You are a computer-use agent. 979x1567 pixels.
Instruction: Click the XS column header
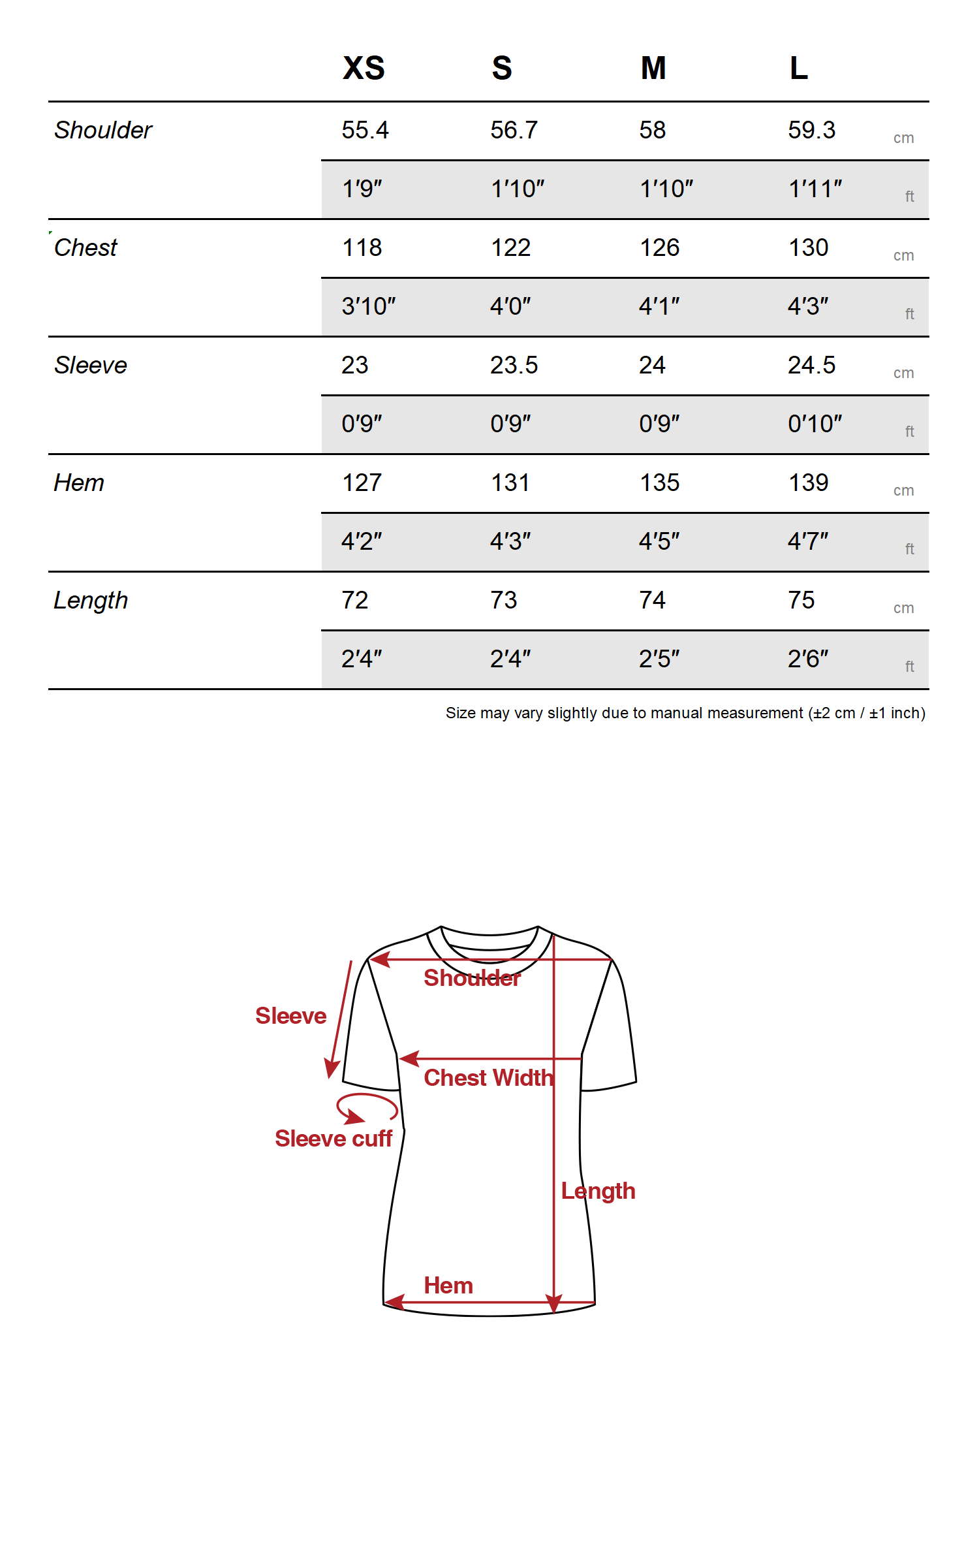pos(364,68)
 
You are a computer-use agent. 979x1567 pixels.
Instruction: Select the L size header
pos(798,68)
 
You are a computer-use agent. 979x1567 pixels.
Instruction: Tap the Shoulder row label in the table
pos(103,130)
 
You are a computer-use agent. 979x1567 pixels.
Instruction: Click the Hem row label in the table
pos(79,483)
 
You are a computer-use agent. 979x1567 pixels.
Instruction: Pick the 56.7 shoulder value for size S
pos(514,130)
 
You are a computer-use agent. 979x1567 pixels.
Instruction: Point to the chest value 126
pos(659,247)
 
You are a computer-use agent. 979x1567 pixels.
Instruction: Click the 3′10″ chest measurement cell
pos(368,306)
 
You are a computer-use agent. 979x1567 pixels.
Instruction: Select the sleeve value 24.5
pos(811,365)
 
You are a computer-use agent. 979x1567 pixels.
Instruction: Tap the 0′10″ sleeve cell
pos(815,424)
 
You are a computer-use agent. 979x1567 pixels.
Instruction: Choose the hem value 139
pos(808,483)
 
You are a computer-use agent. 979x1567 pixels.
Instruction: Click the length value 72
pos(354,600)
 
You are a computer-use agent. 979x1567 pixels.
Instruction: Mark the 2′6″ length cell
pos(807,659)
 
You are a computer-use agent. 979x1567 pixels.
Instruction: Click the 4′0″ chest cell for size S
pos(510,306)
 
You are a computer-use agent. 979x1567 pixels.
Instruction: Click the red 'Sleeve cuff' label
pos(334,1139)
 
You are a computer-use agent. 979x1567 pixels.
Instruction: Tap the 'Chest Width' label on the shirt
pos(488,1078)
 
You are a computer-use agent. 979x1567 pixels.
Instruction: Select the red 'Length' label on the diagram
pos(598,1191)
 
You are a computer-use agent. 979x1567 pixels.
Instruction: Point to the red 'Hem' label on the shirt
pos(448,1286)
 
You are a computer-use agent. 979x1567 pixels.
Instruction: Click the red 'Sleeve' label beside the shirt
pos(290,1016)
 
